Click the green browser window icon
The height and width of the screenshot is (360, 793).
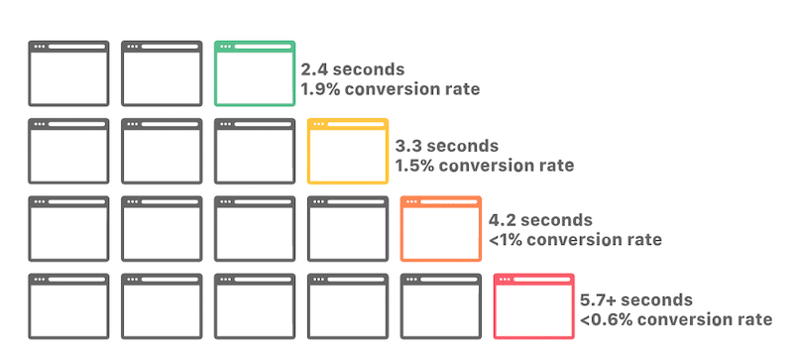[255, 73]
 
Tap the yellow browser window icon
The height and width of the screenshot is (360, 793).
[348, 151]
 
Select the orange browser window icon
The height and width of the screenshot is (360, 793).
[441, 228]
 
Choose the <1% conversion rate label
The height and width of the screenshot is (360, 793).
[575, 240]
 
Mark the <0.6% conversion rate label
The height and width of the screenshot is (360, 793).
[676, 319]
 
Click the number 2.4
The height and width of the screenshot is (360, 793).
[315, 70]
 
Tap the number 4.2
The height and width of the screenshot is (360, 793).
[503, 220]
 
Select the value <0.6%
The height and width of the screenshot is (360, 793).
[606, 319]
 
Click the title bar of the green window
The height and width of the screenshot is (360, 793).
[255, 47]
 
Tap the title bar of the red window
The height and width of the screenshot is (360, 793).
[534, 279]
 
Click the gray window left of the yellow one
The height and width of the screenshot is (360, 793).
[255, 151]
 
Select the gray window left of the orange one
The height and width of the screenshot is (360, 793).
[348, 228]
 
